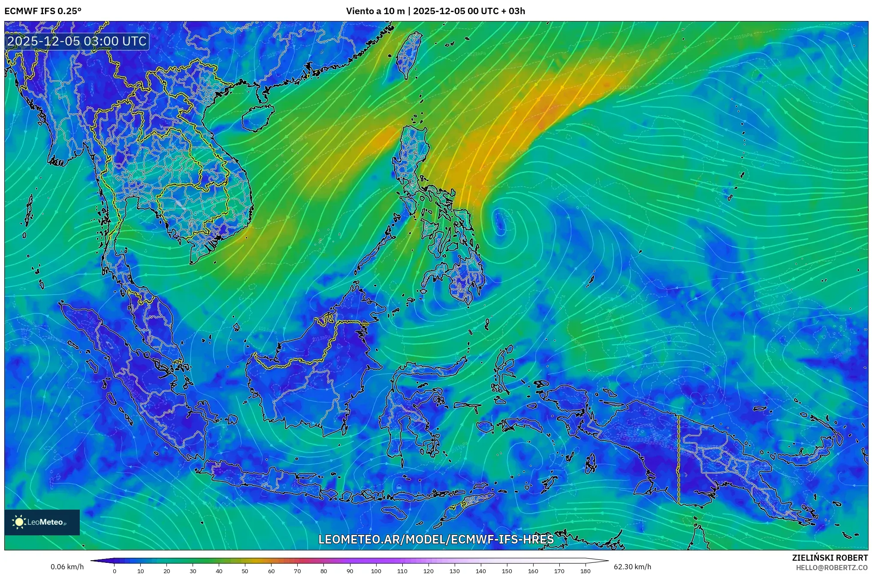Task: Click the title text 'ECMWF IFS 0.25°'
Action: coord(43,11)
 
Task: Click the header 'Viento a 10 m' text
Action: coord(375,11)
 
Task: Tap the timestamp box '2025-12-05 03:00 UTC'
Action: coord(77,41)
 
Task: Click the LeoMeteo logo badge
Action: coord(42,522)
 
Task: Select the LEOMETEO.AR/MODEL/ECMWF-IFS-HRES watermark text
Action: coord(436,539)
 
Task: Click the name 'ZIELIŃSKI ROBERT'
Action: coord(830,558)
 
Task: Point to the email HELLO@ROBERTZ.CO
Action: coord(832,567)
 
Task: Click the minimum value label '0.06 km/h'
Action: coord(67,567)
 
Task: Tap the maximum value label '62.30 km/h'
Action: coord(632,567)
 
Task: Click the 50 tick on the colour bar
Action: coord(245,571)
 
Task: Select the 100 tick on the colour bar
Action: coord(376,571)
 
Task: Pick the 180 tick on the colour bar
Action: coord(585,571)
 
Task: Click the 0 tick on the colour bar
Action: coord(114,571)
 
